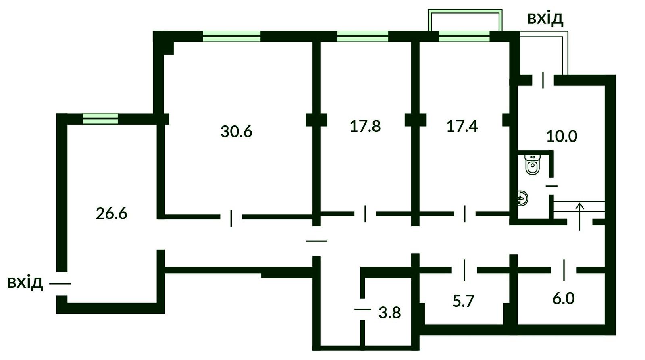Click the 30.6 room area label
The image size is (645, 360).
click(236, 131)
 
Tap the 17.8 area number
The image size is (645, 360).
click(365, 126)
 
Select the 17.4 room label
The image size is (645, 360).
click(462, 126)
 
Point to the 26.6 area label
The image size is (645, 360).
click(111, 214)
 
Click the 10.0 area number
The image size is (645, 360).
click(562, 136)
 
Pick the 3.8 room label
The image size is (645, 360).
click(389, 313)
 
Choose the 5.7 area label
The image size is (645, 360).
click(463, 301)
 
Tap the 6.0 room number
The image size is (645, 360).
click(564, 298)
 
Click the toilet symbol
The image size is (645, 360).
click(533, 164)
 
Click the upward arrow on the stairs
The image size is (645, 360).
click(580, 216)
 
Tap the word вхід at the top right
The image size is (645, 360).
click(545, 19)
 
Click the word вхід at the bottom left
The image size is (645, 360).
click(25, 283)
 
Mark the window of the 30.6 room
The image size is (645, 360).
click(232, 36)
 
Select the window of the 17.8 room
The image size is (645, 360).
click(363, 36)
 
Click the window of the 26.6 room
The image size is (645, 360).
click(100, 119)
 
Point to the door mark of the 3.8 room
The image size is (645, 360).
click(362, 309)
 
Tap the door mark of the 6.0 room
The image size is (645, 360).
click(564, 270)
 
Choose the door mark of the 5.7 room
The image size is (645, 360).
click(464, 270)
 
